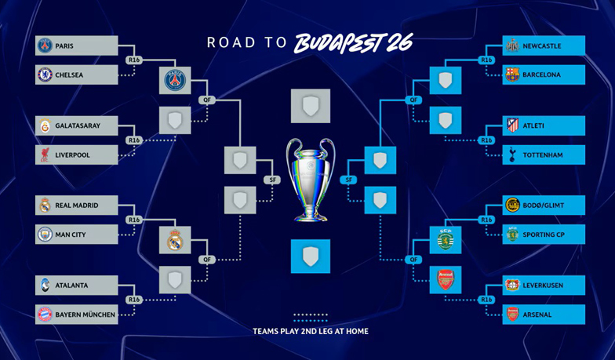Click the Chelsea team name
[x=69, y=75]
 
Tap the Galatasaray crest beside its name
[x=45, y=125]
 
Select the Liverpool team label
[x=72, y=155]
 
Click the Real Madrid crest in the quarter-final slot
[x=175, y=240]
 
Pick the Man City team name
[x=71, y=235]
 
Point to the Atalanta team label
[x=71, y=285]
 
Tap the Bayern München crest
[x=45, y=315]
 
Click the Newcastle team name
[x=542, y=46]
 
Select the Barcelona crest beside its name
[x=512, y=75]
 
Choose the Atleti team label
[x=533, y=125]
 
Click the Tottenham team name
[x=543, y=155]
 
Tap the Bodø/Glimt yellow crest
[x=512, y=205]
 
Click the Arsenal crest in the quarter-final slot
[x=446, y=280]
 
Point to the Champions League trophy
[x=311, y=180]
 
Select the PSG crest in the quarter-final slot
[x=175, y=80]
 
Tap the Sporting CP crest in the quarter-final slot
[x=446, y=240]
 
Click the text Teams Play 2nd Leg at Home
[x=311, y=331]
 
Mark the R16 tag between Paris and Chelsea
[x=134, y=60]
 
